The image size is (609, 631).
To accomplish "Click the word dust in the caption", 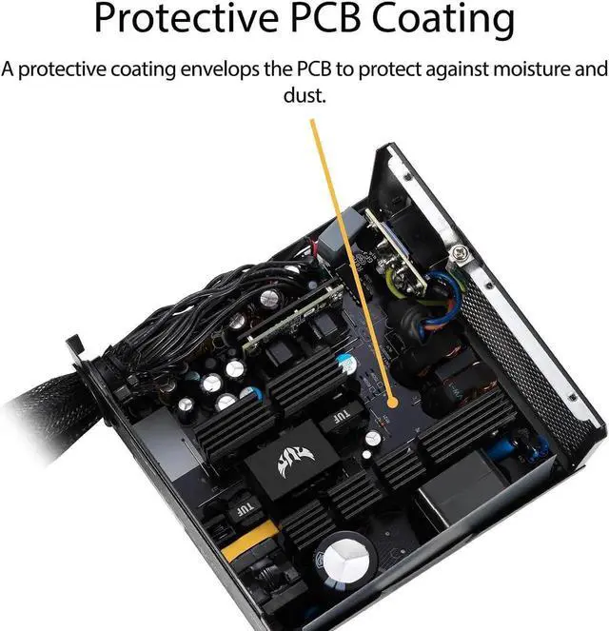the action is pyautogui.click(x=304, y=95).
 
